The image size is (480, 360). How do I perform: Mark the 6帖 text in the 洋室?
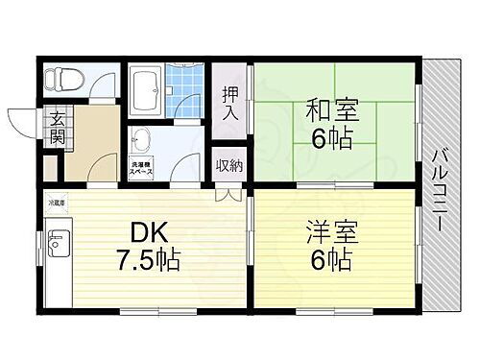click(331, 258)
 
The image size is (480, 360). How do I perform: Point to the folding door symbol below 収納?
click(228, 193)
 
